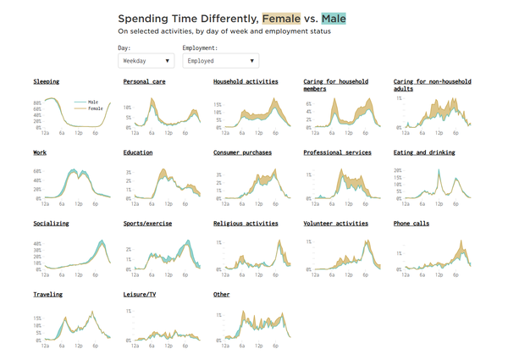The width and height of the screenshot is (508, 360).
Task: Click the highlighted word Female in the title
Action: pos(280,18)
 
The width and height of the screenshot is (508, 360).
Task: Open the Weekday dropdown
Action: pos(146,61)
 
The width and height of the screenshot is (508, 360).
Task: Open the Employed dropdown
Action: pos(220,61)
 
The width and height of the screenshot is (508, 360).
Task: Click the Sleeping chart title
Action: pos(47,81)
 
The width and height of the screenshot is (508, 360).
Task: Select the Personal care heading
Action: pos(143,81)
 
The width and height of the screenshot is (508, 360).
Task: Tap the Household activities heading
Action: pos(245,81)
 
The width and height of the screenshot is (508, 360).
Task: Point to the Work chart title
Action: pos(40,152)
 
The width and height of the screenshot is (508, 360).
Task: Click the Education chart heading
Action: pos(138,152)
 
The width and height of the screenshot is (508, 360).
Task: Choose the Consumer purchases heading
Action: pos(243,152)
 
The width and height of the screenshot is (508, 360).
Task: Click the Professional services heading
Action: pos(338,152)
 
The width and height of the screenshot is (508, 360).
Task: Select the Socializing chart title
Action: pos(51,224)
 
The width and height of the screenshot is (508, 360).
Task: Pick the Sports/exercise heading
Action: pos(148,224)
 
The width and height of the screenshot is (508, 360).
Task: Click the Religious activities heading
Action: pos(246,224)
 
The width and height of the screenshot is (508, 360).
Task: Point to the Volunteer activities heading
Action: pos(336,224)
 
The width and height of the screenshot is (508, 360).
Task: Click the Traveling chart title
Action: pos(47,295)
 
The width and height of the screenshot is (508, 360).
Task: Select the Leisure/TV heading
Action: pos(140,295)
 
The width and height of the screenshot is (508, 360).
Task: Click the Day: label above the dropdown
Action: pos(124,48)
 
